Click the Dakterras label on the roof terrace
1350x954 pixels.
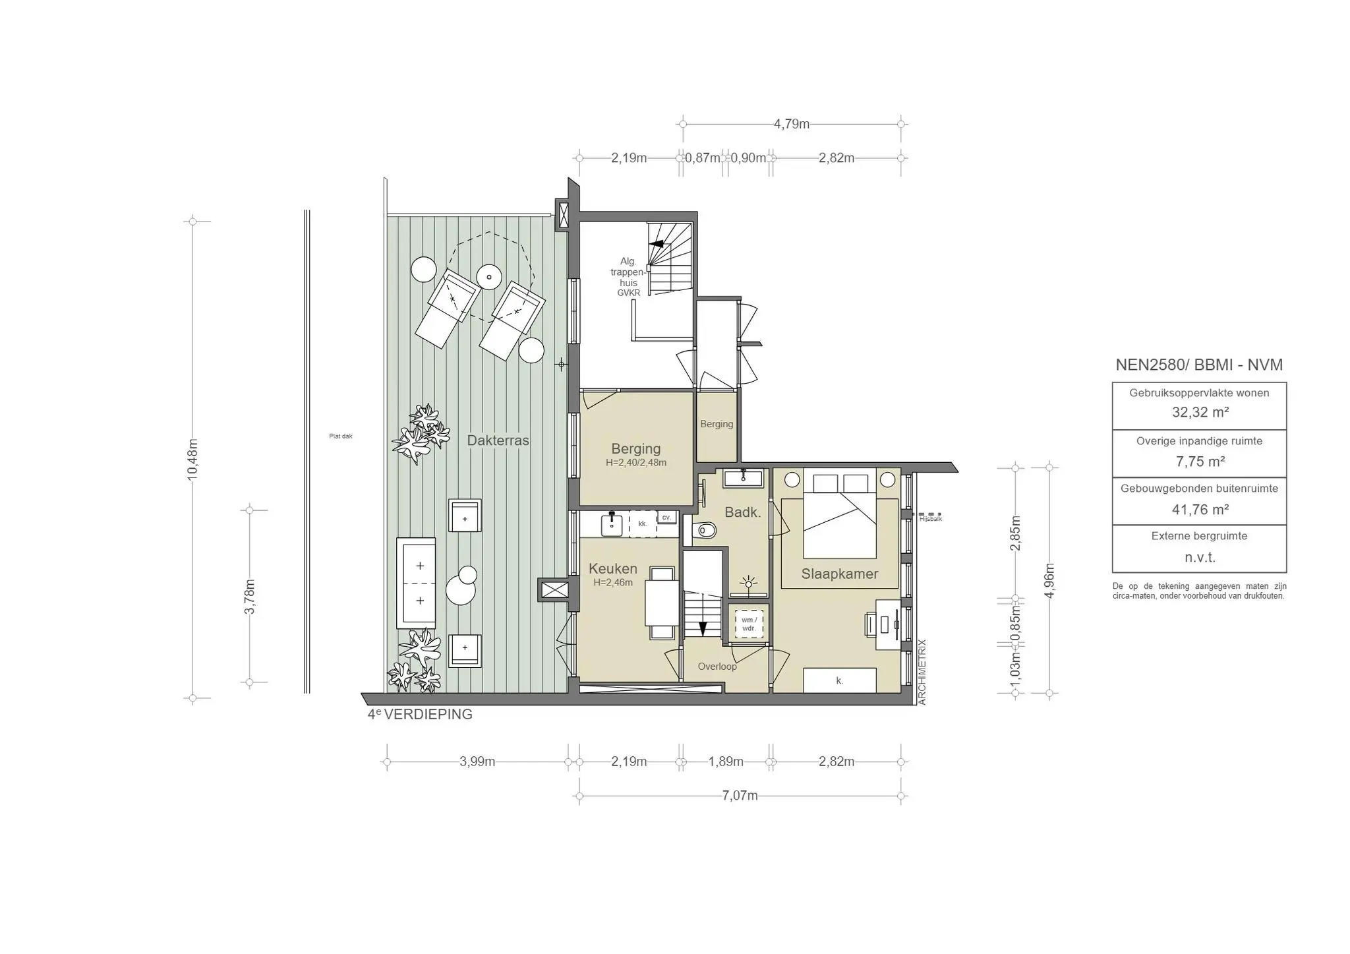point(498,440)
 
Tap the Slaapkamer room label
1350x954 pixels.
point(839,574)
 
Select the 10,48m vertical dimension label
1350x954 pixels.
point(193,460)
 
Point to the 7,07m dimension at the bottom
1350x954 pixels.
point(740,796)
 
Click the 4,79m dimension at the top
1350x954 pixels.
point(791,124)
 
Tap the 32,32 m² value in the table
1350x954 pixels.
point(1200,413)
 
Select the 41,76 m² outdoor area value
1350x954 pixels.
point(1200,510)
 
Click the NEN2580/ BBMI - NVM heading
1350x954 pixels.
point(1199,365)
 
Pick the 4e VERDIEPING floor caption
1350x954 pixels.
point(420,714)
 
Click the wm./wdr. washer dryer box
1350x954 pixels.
point(749,623)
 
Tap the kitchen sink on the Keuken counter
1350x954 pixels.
point(612,525)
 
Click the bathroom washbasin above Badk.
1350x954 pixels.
point(744,478)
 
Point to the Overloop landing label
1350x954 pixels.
point(717,667)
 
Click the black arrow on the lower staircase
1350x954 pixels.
point(702,628)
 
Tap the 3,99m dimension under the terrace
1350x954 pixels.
point(477,761)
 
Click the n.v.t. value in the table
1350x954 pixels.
point(1200,558)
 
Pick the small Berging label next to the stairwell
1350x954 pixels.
point(717,424)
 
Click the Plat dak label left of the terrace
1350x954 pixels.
point(341,436)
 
